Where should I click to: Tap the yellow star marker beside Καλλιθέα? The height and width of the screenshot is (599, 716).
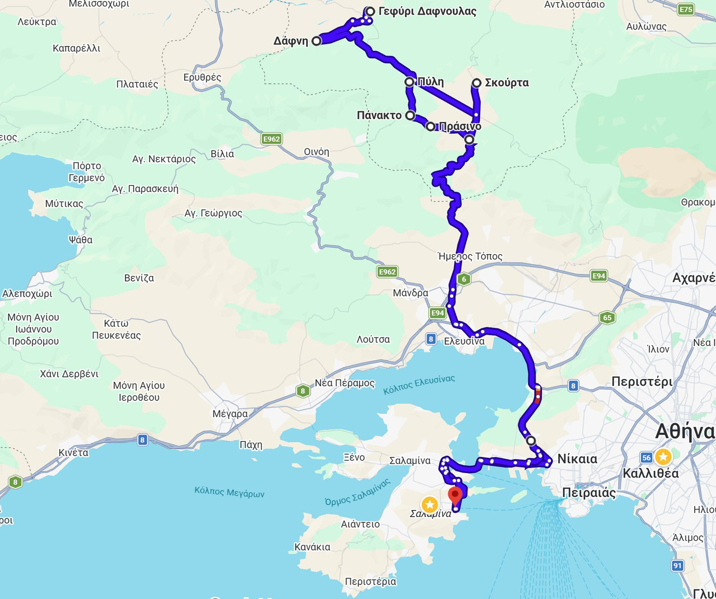click(x=663, y=457)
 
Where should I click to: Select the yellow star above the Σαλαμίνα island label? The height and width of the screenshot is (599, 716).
click(x=429, y=504)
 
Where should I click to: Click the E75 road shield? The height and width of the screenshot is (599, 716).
click(x=686, y=9)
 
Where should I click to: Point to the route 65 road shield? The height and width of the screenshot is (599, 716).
click(x=607, y=317)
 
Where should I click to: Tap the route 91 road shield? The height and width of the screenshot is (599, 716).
click(x=678, y=565)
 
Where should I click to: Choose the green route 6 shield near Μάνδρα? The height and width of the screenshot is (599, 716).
click(x=464, y=279)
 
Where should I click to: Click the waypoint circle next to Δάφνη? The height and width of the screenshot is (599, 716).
click(x=316, y=41)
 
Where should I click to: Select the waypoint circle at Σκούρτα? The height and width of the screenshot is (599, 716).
click(x=476, y=83)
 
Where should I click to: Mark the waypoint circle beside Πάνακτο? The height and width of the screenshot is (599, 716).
click(x=410, y=115)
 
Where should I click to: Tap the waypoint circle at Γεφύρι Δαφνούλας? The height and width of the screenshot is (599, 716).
click(x=370, y=11)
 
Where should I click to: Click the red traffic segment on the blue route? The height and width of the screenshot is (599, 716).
click(x=538, y=396)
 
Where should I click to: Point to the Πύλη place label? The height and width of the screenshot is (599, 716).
click(x=430, y=82)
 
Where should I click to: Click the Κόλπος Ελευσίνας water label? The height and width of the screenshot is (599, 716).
click(x=419, y=385)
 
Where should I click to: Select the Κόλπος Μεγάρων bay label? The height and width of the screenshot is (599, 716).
click(x=229, y=492)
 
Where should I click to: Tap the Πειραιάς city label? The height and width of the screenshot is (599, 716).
click(x=589, y=493)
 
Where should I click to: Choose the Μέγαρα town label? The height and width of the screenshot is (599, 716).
click(x=230, y=414)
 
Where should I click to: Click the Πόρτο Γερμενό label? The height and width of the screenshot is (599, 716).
click(x=87, y=172)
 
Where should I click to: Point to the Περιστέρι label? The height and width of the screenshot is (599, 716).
click(x=642, y=382)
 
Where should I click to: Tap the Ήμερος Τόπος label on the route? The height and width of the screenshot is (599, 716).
click(x=470, y=256)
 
